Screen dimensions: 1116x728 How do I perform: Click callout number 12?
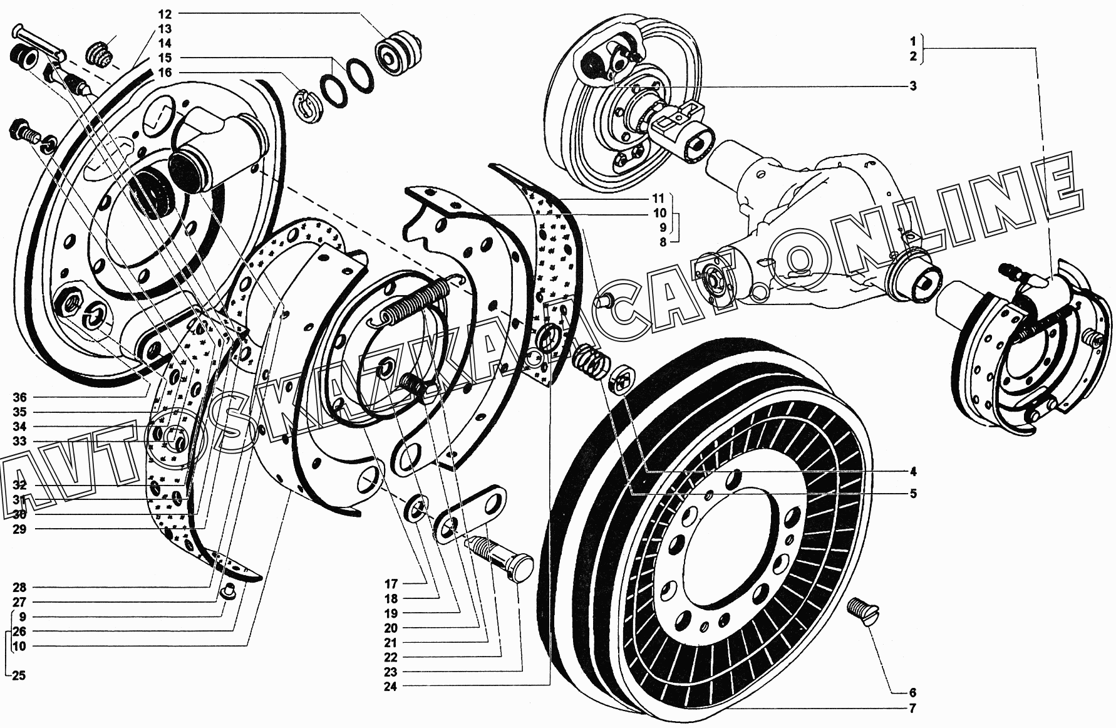[x=164, y=14]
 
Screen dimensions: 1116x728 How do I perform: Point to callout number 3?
[x=912, y=86]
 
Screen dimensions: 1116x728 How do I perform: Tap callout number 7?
[x=912, y=709]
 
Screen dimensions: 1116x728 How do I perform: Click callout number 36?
[x=19, y=397]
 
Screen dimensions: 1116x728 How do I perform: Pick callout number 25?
[x=19, y=675]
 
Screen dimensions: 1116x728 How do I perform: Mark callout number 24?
[x=391, y=686]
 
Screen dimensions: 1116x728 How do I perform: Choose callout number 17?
[x=391, y=583]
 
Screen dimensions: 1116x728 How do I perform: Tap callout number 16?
[x=164, y=73]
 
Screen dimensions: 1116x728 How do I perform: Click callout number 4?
[x=912, y=471]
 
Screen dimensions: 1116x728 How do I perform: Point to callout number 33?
[x=19, y=441]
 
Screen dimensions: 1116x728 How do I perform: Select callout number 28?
[x=19, y=588]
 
